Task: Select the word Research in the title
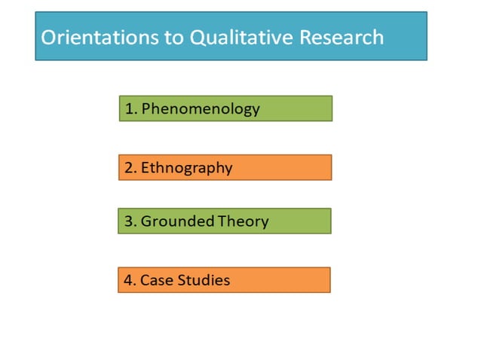tap(339, 37)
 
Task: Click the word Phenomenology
tap(201, 108)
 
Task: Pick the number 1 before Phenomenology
tap(129, 108)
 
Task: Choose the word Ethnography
tap(186, 168)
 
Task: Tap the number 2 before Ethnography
tap(129, 168)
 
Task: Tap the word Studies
tap(204, 281)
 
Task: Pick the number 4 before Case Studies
tap(128, 281)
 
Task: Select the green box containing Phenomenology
tap(302, 108)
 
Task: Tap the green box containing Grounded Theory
tap(302, 221)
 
